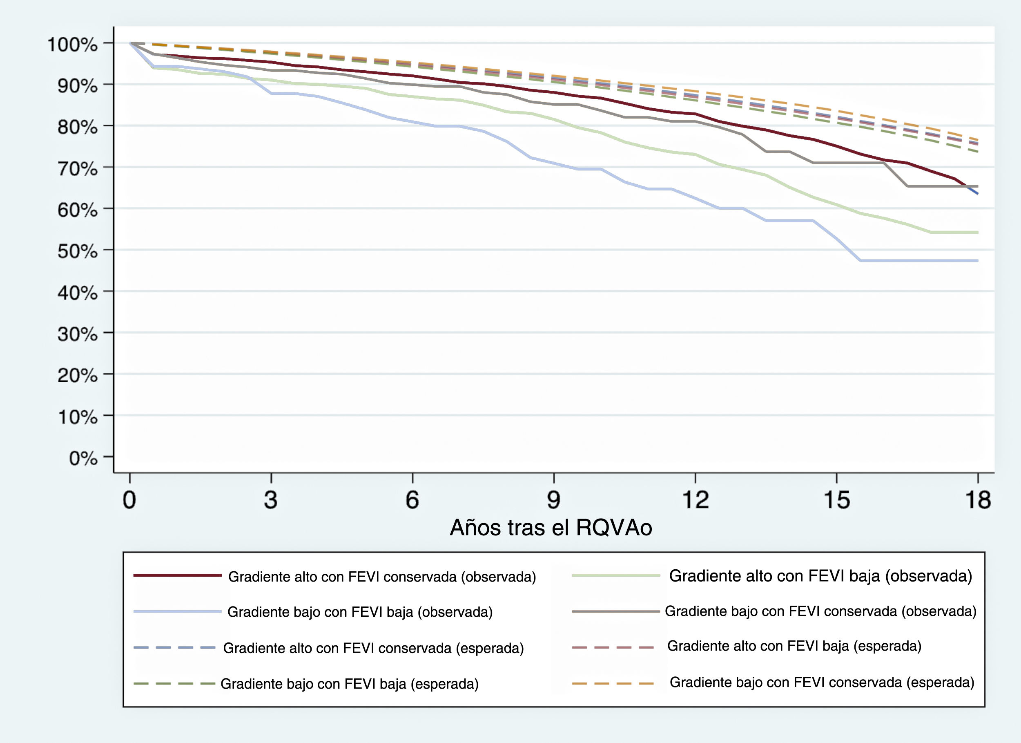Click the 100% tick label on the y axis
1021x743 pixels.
point(72,45)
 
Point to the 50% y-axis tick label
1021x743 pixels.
point(77,251)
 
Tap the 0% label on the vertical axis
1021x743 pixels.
point(83,458)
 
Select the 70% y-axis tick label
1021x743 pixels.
point(77,169)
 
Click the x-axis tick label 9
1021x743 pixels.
point(553,500)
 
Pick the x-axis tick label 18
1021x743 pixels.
point(978,500)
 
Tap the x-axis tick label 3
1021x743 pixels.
point(270,500)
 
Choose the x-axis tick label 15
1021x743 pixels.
point(836,500)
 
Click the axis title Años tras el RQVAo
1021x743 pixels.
point(551,528)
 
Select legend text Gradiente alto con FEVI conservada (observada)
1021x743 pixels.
point(382,577)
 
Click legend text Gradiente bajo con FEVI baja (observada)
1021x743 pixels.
point(360,612)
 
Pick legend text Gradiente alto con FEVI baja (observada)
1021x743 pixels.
point(820,576)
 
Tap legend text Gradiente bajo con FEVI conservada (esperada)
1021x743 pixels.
point(822,682)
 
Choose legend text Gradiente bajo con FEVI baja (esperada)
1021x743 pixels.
point(349,684)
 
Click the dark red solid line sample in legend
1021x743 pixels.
point(177,575)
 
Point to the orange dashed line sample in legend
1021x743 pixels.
point(613,683)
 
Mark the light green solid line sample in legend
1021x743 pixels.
point(615,575)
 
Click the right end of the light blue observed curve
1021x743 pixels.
point(977,260)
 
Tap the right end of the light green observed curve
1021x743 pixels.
point(977,233)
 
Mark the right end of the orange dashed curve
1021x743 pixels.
point(977,140)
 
